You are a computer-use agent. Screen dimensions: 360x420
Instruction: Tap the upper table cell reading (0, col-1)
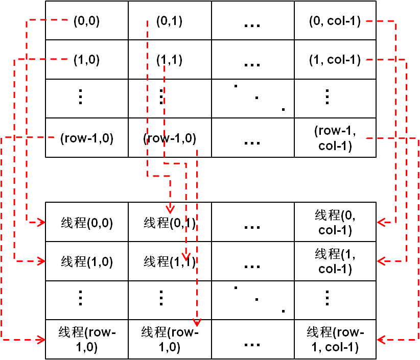click(335, 21)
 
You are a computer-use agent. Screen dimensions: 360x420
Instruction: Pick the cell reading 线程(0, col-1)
click(335, 222)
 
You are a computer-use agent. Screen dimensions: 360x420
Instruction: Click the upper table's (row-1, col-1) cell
click(335, 138)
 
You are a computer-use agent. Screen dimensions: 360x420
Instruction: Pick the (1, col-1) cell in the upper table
click(335, 60)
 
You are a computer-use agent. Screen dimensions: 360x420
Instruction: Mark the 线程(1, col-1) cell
click(335, 261)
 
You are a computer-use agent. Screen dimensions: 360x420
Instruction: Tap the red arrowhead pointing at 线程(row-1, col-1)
click(381, 339)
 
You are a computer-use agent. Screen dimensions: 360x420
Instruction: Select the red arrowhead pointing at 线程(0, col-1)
click(381, 222)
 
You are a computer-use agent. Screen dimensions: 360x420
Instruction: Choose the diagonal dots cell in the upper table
click(253, 99)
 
